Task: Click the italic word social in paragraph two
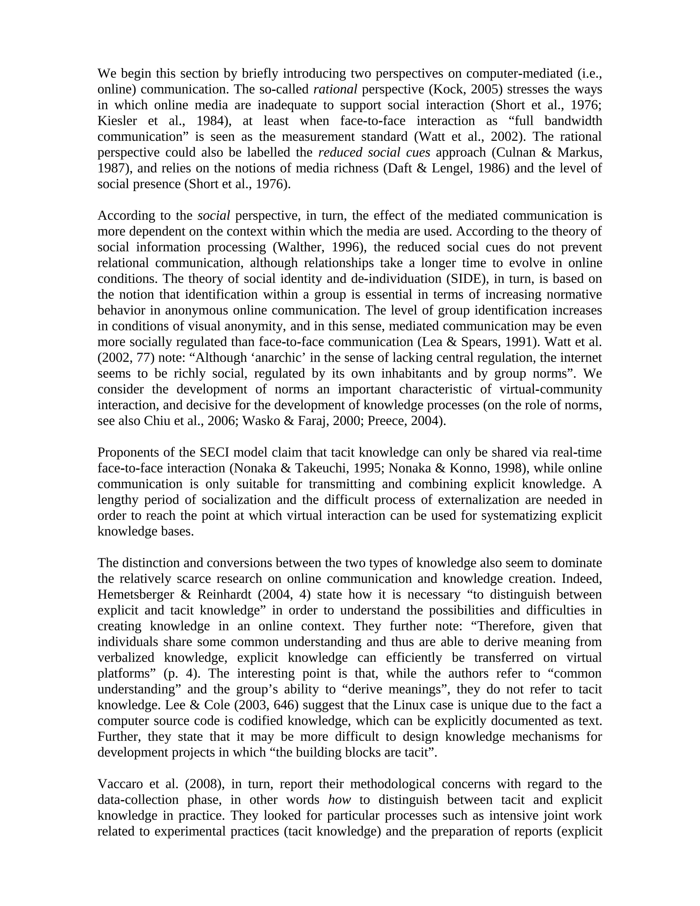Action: click(x=214, y=216)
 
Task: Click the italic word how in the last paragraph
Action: click(x=339, y=800)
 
